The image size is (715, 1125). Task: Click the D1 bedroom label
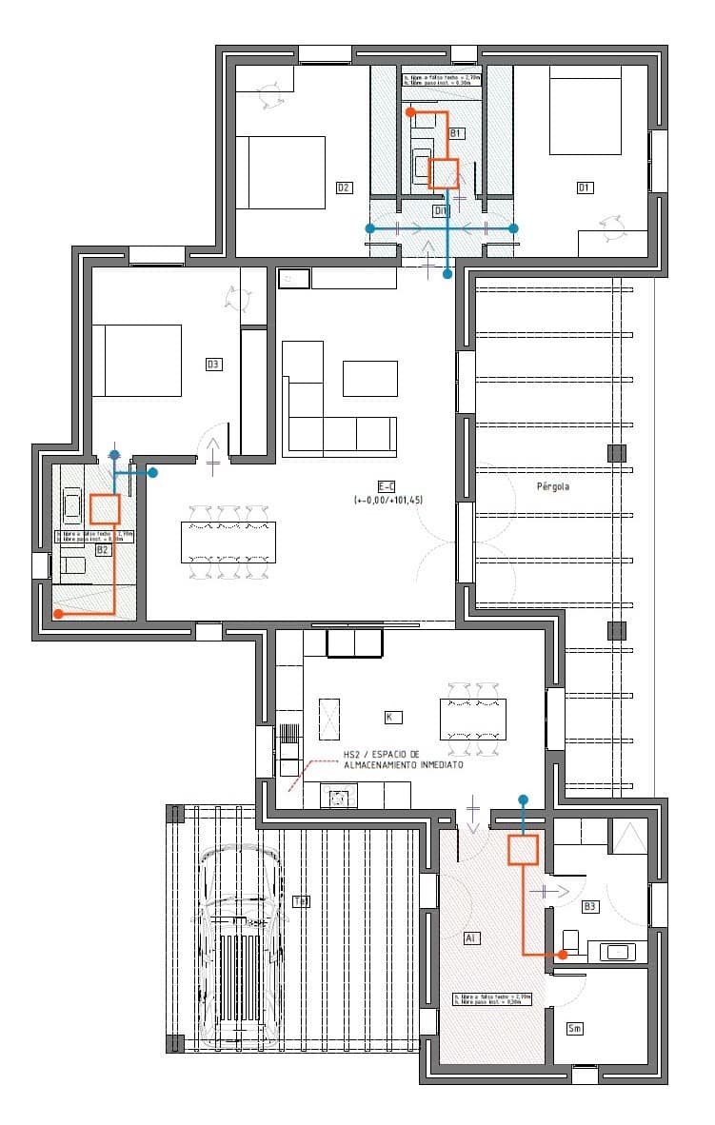tap(585, 187)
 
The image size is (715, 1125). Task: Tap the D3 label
tap(213, 364)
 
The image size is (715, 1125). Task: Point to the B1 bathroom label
tap(456, 132)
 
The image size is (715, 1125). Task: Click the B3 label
tap(590, 906)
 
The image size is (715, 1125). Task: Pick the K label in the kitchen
tap(388, 716)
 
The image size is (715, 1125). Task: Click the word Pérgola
tap(551, 484)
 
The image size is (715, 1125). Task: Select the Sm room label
tap(574, 1029)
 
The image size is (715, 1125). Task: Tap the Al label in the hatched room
tap(470, 938)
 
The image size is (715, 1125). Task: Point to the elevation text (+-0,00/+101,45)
tap(388, 499)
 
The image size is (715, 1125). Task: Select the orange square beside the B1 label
tap(444, 173)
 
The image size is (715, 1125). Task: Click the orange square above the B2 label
tap(105, 509)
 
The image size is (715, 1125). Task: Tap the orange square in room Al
tap(524, 849)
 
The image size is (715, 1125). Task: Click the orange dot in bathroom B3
tap(563, 954)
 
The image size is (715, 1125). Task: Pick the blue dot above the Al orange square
tap(523, 799)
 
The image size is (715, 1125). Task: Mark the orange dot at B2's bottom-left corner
tap(58, 615)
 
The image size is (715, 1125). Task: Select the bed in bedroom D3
tap(137, 361)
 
